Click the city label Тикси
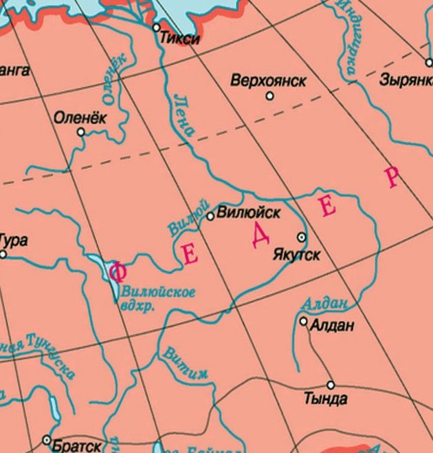click(179, 39)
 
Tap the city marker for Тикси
click(156, 28)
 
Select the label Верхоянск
click(268, 81)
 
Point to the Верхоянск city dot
click(269, 96)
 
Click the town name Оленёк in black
click(80, 117)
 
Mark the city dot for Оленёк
click(81, 131)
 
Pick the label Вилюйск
click(248, 213)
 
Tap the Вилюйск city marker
click(211, 216)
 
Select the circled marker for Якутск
click(301, 238)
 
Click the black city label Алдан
click(332, 325)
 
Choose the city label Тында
click(325, 399)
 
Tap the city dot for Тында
click(331, 386)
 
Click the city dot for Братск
click(47, 439)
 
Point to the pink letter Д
click(260, 235)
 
